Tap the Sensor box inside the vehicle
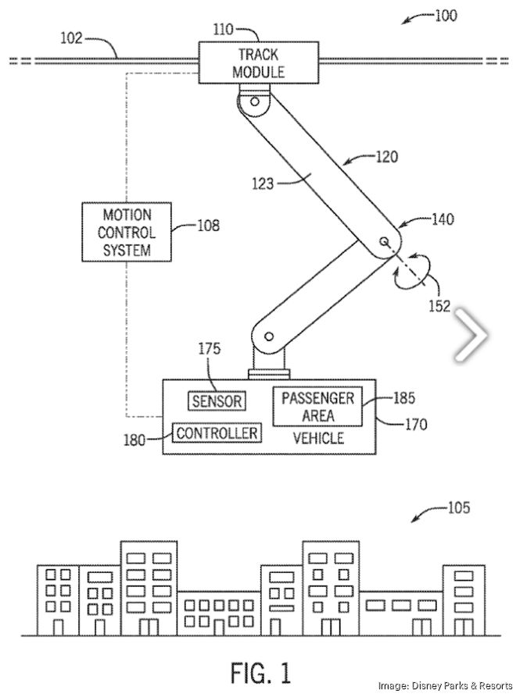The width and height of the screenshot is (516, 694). coord(217,401)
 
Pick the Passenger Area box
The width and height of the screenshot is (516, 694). coord(317,407)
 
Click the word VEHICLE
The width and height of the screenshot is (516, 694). coord(318,438)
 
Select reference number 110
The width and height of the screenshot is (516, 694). coord(223,30)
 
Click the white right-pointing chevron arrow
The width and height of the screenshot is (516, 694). coord(471,336)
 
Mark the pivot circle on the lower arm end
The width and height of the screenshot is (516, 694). coord(268,337)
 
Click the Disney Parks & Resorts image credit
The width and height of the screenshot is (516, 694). coord(445,685)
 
